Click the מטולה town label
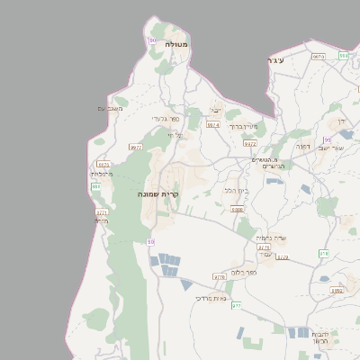click(175, 43)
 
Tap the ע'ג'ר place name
click(275, 59)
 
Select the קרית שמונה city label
click(160, 194)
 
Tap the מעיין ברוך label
click(243, 127)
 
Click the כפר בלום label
click(244, 271)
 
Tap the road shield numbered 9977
click(137, 147)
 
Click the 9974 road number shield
click(213, 125)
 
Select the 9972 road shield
click(250, 142)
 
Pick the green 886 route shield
click(95, 185)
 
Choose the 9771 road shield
click(101, 212)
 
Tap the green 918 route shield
click(323, 254)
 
